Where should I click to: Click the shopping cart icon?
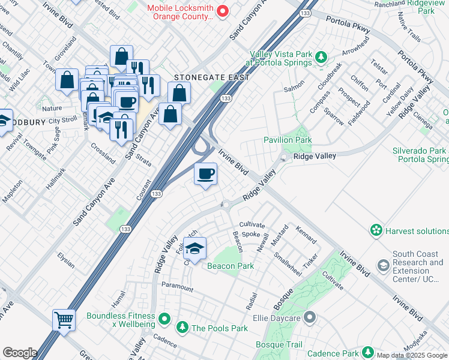point(64,319)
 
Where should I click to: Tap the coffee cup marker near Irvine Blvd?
point(206,175)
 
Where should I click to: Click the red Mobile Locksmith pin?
point(222,10)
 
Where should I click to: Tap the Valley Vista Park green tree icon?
point(321,58)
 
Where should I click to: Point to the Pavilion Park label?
point(288,140)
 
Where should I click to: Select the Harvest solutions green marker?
point(376,230)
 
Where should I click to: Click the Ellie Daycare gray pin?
point(310,316)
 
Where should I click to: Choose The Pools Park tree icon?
point(182,328)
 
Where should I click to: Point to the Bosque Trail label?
point(279,344)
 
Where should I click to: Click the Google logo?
point(20,353)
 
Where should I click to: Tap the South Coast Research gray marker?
point(383,265)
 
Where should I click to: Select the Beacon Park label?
point(231,266)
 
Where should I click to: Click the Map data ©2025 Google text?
point(412,355)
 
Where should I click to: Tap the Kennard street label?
point(306,235)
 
